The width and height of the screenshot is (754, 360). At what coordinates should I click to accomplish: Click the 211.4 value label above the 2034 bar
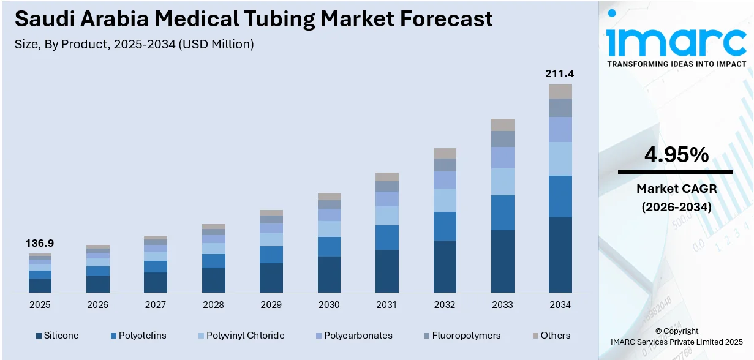[560, 74]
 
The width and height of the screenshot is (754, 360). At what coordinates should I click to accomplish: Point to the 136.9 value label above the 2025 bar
[40, 243]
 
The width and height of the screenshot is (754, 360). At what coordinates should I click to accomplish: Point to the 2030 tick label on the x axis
[329, 305]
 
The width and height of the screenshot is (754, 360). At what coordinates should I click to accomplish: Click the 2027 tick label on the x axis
[156, 305]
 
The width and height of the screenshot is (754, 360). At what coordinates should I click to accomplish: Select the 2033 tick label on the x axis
[502, 305]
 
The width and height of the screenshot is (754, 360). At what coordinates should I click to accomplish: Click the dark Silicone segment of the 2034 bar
[560, 254]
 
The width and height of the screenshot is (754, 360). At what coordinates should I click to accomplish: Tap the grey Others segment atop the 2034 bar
[560, 91]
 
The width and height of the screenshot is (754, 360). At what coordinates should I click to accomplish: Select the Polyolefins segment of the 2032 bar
[445, 226]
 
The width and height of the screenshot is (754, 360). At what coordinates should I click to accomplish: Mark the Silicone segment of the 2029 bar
[271, 277]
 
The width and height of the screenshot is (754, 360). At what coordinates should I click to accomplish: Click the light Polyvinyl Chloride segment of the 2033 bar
[502, 181]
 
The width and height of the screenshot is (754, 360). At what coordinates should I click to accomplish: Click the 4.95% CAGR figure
[676, 156]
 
